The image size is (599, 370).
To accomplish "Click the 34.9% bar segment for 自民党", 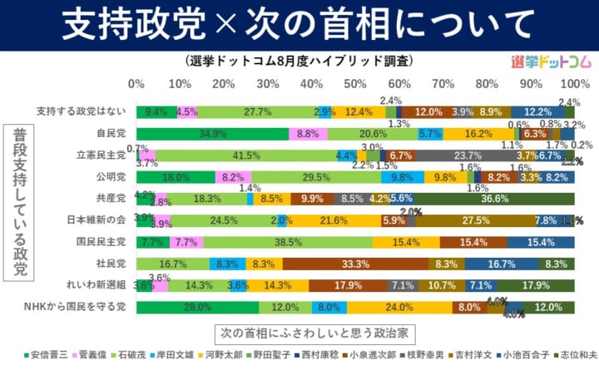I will (213, 133).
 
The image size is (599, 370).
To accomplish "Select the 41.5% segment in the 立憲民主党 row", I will (246, 155).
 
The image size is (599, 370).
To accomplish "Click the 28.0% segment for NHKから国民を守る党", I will (197, 307).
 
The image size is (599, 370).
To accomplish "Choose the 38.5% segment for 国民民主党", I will (288, 242).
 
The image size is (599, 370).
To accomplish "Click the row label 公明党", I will (111, 177).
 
